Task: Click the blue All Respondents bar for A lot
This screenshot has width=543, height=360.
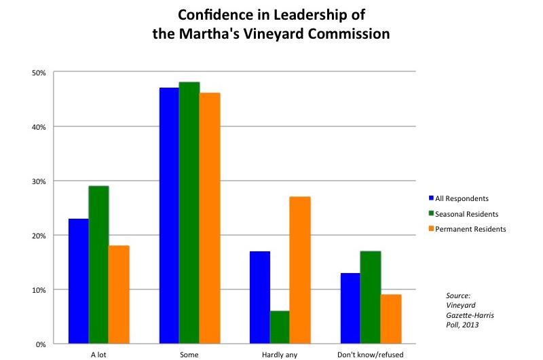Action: pyautogui.click(x=79, y=281)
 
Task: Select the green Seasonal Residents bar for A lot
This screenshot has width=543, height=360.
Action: pyautogui.click(x=98, y=265)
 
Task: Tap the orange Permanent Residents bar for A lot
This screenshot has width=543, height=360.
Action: pyautogui.click(x=119, y=295)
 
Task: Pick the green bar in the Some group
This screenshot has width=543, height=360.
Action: pyautogui.click(x=189, y=213)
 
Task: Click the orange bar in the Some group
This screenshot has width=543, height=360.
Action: pyautogui.click(x=210, y=218)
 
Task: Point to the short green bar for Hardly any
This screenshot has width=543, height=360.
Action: pyautogui.click(x=280, y=327)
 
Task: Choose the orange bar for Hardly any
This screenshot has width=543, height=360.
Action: pyautogui.click(x=300, y=270)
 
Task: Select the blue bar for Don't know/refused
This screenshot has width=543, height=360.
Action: pyautogui.click(x=350, y=308)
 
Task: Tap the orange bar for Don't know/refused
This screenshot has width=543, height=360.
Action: pyautogui.click(x=391, y=319)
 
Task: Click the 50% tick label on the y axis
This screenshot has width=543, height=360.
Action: pyautogui.click(x=39, y=73)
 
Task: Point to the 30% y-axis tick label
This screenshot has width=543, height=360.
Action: pyautogui.click(x=39, y=181)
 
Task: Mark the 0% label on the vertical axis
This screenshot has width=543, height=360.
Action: pyautogui.click(x=41, y=344)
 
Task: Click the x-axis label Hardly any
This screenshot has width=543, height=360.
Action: pyautogui.click(x=280, y=355)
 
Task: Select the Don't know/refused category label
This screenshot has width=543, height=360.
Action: pyautogui.click(x=370, y=355)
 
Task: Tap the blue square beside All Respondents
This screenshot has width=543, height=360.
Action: pyautogui.click(x=431, y=198)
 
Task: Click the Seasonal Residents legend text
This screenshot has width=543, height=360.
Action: pyautogui.click(x=466, y=214)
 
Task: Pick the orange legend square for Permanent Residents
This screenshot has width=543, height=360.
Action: pyautogui.click(x=431, y=228)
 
